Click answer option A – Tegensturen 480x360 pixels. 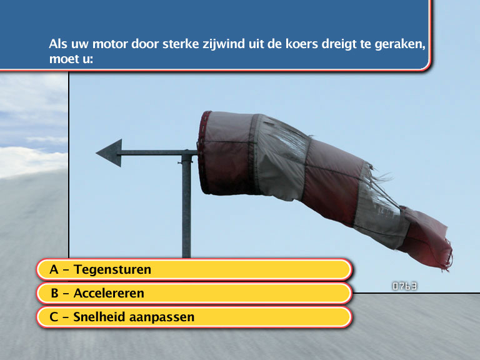194,270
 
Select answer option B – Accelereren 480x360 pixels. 194,293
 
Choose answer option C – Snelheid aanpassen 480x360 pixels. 194,317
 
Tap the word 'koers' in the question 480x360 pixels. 302,44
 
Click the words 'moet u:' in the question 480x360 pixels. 71,59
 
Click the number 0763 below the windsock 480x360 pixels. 405,286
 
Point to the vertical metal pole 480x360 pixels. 186,206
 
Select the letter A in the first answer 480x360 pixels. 54,270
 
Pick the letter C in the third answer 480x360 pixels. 54,317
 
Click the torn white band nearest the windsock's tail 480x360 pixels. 381,207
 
